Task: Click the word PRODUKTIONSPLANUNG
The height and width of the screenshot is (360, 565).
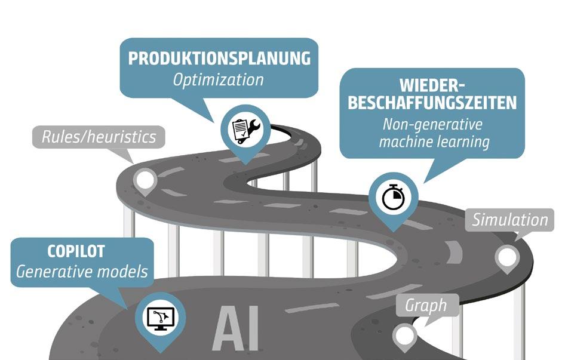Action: click(x=219, y=59)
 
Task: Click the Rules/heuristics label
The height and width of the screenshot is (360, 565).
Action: click(x=99, y=137)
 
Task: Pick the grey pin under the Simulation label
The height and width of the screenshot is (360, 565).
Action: click(x=506, y=257)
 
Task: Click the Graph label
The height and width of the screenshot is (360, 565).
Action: click(x=426, y=306)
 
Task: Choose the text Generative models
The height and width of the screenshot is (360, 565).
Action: click(x=82, y=272)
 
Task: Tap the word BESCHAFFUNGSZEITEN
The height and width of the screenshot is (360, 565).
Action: click(x=432, y=103)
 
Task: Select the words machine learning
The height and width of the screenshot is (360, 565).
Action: click(x=434, y=142)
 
